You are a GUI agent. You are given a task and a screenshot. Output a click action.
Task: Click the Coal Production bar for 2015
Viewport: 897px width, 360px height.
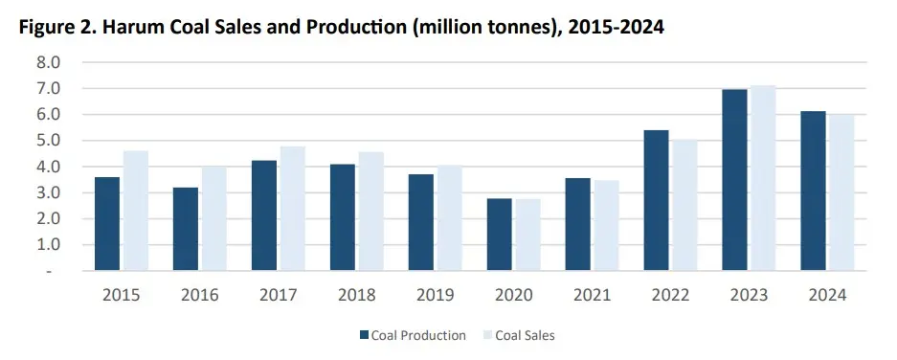107,224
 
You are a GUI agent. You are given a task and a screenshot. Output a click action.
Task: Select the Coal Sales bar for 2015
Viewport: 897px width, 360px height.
135,211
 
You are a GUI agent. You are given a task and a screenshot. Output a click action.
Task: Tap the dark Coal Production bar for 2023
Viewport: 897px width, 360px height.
735,180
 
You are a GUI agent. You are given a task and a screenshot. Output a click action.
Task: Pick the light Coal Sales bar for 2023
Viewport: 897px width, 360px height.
763,178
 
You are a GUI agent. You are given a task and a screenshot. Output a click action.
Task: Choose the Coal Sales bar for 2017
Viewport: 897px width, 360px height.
292,209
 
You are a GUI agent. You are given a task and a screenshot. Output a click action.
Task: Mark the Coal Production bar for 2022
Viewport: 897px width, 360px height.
657,200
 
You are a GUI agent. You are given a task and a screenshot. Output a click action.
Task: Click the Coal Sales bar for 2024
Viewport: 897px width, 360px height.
841,192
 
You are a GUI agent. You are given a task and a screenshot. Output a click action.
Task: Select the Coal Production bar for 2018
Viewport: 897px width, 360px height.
343,217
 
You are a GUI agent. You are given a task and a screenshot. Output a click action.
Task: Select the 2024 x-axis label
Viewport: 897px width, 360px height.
827,296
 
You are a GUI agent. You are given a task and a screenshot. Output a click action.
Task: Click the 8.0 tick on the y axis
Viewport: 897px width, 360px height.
47,62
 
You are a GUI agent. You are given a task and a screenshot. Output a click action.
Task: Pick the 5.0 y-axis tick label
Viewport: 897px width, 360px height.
47,141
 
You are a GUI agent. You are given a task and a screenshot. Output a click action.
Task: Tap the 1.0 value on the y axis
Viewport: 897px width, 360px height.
47,245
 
